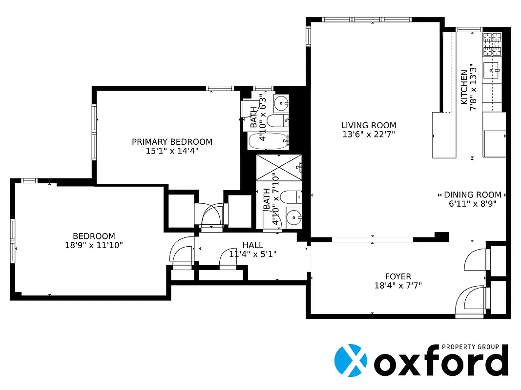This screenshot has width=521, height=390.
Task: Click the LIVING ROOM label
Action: (368, 125)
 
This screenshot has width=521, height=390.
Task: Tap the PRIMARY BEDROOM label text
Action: (172, 142)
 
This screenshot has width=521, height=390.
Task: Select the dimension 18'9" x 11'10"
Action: (94, 245)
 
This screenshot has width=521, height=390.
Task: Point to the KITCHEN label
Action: (464, 87)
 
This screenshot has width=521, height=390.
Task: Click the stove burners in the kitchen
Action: (492, 44)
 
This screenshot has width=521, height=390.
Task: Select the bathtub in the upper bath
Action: (269, 141)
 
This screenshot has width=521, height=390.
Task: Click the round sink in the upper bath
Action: (281, 103)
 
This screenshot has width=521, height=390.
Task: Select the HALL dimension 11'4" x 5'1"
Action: (253, 254)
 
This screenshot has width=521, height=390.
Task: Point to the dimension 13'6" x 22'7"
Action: (368, 134)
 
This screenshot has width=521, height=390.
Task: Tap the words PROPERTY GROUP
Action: (470, 347)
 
